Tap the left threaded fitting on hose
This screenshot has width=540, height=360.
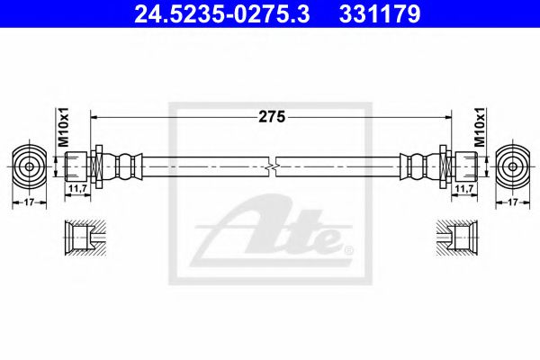pos(77,166)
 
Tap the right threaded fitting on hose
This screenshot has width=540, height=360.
pos(463,166)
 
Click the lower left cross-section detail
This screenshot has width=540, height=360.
pos(83,238)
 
